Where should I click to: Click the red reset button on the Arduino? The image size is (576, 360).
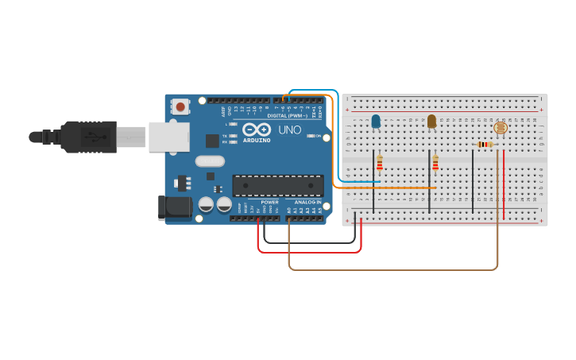(181, 106)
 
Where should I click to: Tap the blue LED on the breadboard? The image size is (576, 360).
(376, 122)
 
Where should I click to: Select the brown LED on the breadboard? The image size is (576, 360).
(431, 121)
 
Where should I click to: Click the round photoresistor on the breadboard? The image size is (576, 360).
(500, 127)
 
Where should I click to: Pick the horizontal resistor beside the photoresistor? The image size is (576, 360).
(485, 145)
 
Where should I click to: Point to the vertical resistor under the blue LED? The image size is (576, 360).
(380, 163)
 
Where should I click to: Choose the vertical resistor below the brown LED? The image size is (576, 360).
(435, 163)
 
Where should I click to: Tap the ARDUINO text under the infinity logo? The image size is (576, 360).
(257, 140)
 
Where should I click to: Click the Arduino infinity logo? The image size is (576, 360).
(257, 130)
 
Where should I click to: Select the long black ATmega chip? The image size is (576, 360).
(278, 185)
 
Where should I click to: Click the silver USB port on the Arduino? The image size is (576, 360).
(168, 136)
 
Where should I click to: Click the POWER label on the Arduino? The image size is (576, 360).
(270, 202)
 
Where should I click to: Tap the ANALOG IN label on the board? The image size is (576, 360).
(307, 202)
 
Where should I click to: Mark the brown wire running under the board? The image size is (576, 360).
(397, 269)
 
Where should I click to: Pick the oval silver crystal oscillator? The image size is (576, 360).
(210, 161)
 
